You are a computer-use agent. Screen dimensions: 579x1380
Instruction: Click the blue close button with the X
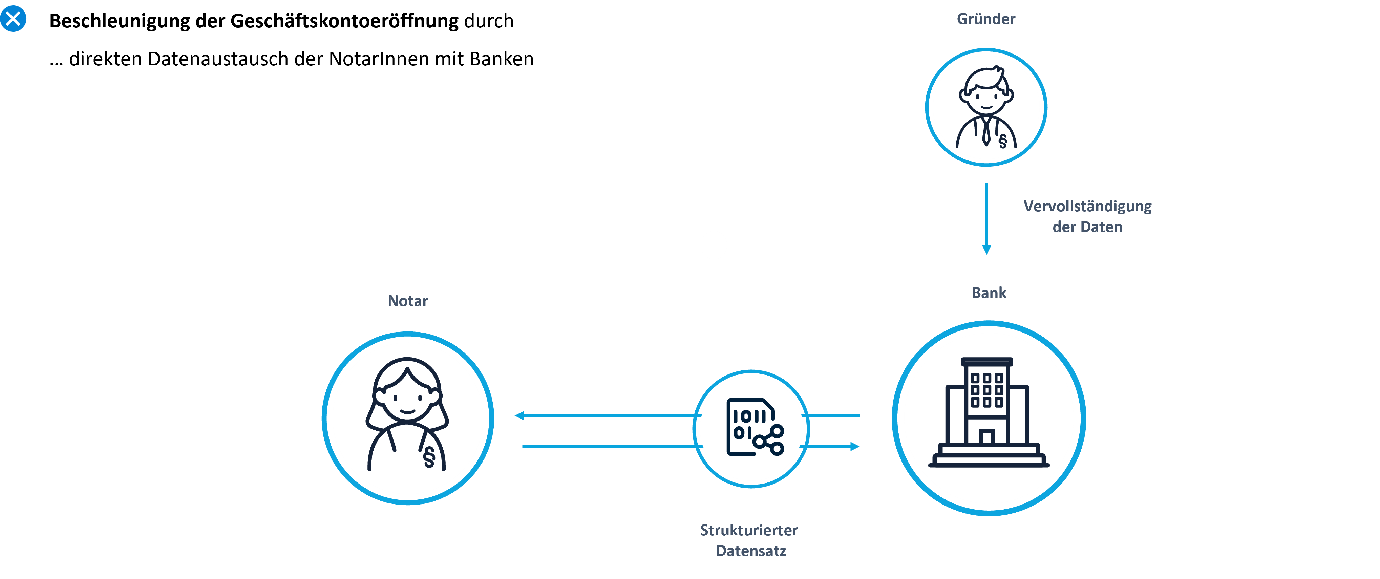click(x=14, y=19)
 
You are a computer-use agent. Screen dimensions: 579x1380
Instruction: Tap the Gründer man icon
click(x=986, y=107)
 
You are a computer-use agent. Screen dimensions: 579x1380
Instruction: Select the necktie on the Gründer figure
click(x=986, y=131)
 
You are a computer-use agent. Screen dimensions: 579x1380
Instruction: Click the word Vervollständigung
click(x=1087, y=206)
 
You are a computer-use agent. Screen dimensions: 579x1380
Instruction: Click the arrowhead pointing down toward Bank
click(x=986, y=250)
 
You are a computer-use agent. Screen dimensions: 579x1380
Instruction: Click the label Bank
click(x=989, y=293)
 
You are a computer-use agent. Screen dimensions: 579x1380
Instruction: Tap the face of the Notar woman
click(x=407, y=399)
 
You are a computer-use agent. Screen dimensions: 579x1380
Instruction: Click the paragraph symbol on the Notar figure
click(x=429, y=457)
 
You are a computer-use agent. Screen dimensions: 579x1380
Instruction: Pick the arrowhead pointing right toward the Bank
click(x=855, y=446)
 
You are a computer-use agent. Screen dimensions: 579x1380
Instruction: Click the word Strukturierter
click(x=749, y=530)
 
